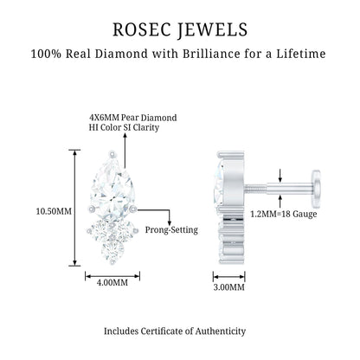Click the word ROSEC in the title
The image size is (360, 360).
pos(141,29)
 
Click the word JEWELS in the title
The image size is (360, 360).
pos(212,30)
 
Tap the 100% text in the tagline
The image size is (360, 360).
pos(46,54)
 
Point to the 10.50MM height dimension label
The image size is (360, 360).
pos(54,211)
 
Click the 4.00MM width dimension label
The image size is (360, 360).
pos(112,282)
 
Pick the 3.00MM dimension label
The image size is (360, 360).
pos(229,287)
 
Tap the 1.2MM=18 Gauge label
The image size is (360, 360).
pos(284,215)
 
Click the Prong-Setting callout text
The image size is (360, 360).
pos(171,230)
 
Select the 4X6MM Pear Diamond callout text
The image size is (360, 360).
pos(133,118)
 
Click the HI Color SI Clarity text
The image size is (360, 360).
pos(124,127)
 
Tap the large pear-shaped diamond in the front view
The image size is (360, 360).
pos(112,188)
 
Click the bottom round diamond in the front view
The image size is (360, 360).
pos(112,250)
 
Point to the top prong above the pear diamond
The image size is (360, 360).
pos(112,154)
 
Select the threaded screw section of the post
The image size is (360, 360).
pos(256,189)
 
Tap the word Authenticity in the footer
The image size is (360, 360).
pos(221,331)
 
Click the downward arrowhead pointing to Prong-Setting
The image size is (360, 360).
pos(170,223)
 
